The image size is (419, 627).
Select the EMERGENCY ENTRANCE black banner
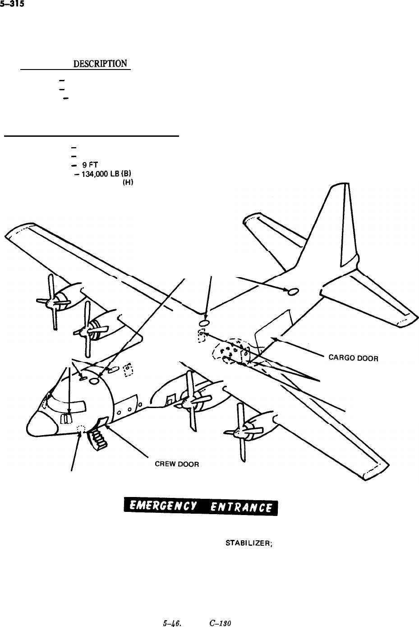(201, 508)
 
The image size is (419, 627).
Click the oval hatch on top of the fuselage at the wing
(204, 323)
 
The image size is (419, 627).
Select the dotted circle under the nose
(81, 428)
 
